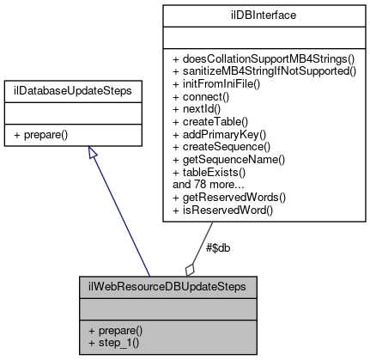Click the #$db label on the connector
coord(218,248)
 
